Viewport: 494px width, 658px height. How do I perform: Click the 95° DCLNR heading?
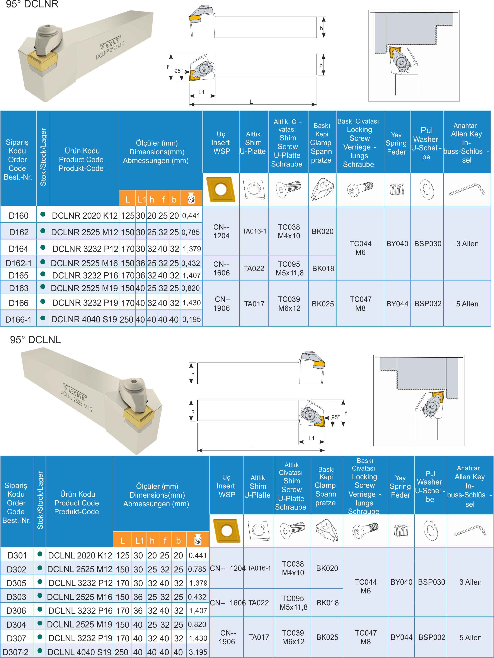pos(32,4)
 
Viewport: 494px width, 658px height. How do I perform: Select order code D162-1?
pos(19,263)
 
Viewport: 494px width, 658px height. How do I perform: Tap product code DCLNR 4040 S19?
pos(84,320)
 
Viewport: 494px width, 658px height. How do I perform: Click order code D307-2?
pos(15,652)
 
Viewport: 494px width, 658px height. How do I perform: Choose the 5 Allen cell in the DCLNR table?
pos(467,304)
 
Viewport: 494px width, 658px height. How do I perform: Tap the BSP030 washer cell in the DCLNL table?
pos(431,582)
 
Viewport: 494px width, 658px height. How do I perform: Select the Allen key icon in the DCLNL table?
pos(470,531)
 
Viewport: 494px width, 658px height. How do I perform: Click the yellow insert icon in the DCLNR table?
pos(221,189)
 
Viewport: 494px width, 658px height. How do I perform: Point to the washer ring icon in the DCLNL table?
pos(430,531)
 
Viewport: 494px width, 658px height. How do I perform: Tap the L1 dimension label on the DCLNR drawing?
pos(201,92)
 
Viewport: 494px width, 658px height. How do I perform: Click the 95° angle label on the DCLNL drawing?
pos(336,417)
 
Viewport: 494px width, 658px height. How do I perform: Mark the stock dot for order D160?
pos(43,214)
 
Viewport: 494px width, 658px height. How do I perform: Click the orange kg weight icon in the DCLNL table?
pos(198,540)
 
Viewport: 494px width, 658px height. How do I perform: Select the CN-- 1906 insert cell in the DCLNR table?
pos(221,304)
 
